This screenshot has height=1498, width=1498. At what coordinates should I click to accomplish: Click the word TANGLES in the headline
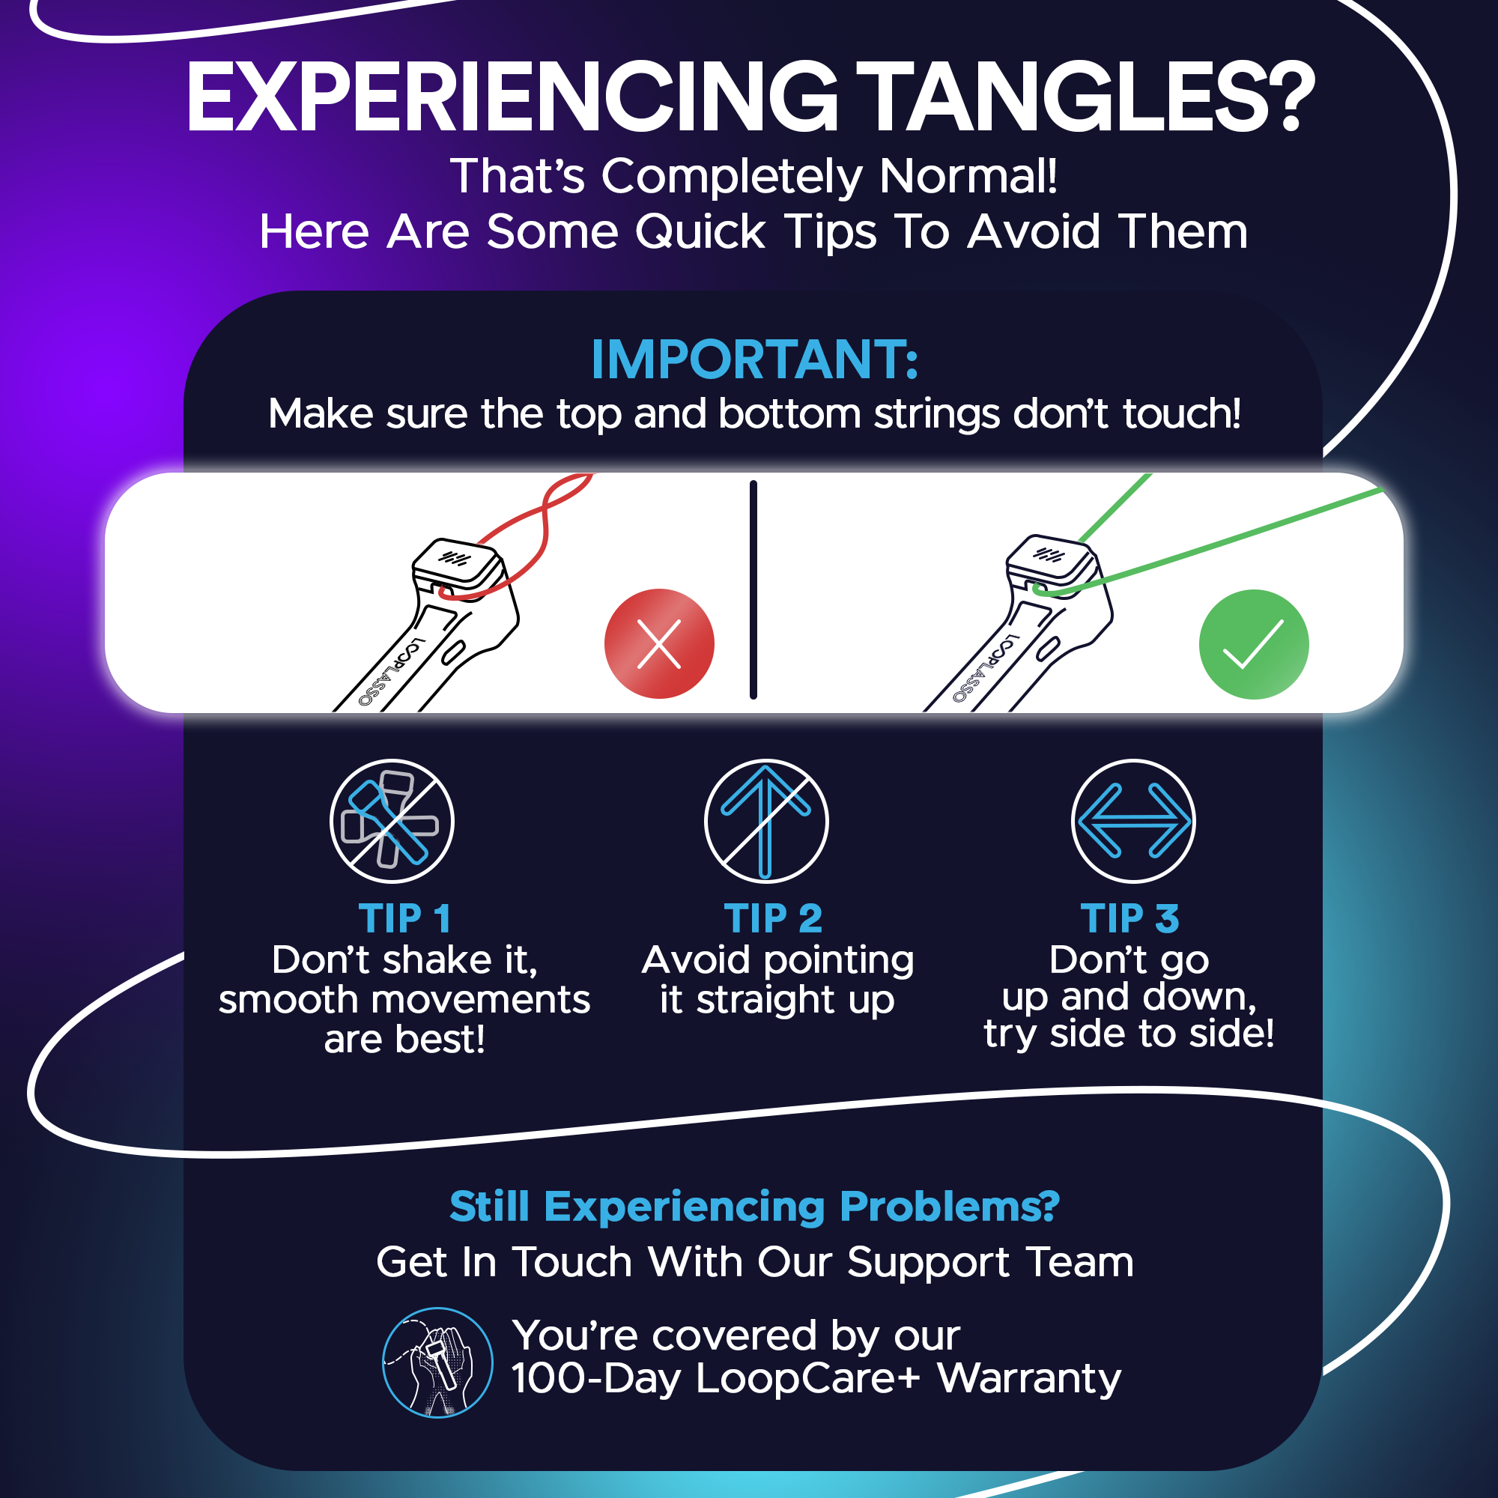pos(1084,97)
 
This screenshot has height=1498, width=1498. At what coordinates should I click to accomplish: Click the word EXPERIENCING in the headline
pos(512,97)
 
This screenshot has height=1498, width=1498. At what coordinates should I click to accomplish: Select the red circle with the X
pos(659,643)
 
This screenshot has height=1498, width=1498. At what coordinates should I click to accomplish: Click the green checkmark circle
pos(1254,644)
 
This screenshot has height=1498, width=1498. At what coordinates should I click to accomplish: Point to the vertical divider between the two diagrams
pos(753,589)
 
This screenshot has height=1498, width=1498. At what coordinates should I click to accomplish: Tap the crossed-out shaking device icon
pos(392,821)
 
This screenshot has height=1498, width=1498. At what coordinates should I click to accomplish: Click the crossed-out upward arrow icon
pos(766,821)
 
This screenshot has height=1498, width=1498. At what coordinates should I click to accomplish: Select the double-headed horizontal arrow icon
pos(1132,821)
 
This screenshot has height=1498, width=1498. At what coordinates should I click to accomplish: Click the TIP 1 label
pos(404,919)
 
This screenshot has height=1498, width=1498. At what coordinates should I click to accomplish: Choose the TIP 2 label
pos(773,919)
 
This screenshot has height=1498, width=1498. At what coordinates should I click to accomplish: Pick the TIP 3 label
pos(1129,919)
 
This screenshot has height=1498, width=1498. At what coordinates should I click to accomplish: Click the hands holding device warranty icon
pos(437,1362)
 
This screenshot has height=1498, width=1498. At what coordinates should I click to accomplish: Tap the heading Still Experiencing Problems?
pos(754,1207)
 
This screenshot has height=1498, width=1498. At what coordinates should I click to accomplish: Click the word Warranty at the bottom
pos(1029,1378)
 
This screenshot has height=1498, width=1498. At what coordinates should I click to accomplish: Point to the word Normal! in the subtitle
pos(968,176)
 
